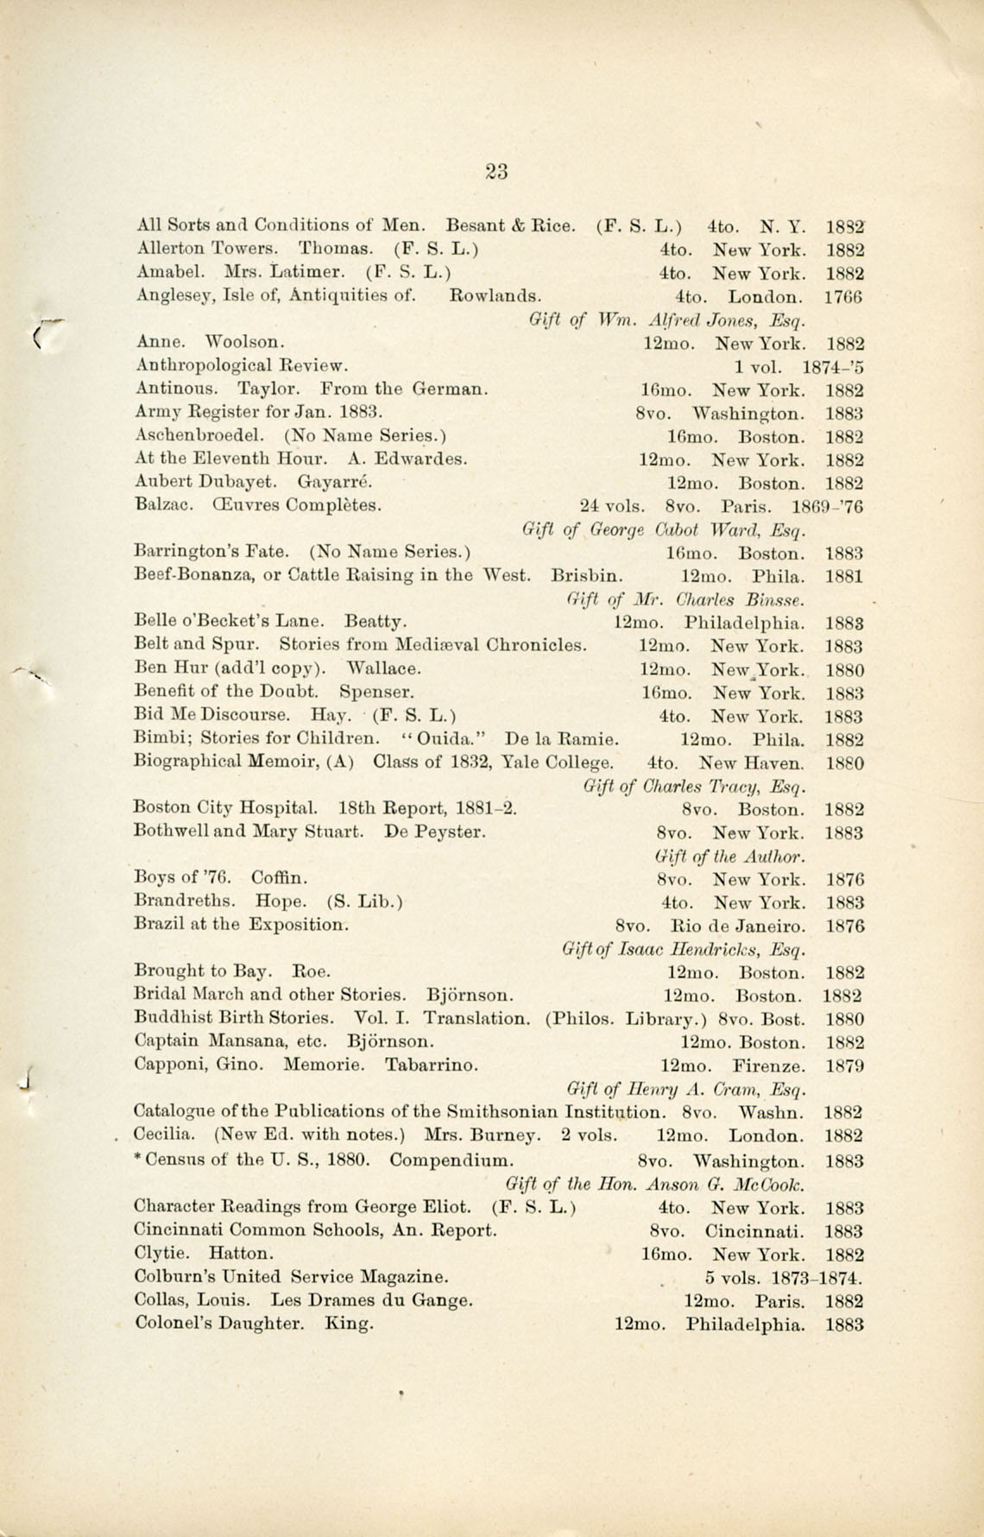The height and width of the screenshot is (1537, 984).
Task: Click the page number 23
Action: (x=496, y=171)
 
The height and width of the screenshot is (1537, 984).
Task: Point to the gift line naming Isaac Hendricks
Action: (x=684, y=950)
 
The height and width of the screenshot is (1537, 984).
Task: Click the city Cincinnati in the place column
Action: (x=754, y=1231)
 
